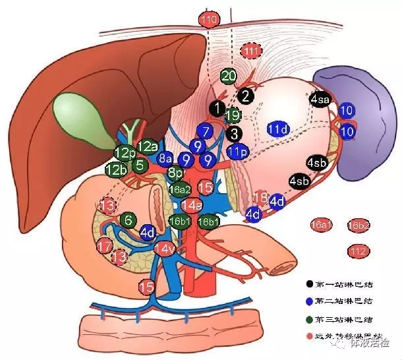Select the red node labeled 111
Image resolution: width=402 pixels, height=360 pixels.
point(250,51)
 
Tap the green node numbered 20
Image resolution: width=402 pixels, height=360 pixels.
point(229,76)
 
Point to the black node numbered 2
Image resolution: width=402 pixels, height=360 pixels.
point(245,96)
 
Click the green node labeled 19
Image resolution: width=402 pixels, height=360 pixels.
point(232,116)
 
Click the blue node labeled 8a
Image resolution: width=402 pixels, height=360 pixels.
point(165,158)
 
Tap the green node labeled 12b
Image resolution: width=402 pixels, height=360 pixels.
point(115,169)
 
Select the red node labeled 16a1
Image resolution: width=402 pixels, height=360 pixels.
point(321,226)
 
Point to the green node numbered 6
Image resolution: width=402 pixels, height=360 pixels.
point(129,220)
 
